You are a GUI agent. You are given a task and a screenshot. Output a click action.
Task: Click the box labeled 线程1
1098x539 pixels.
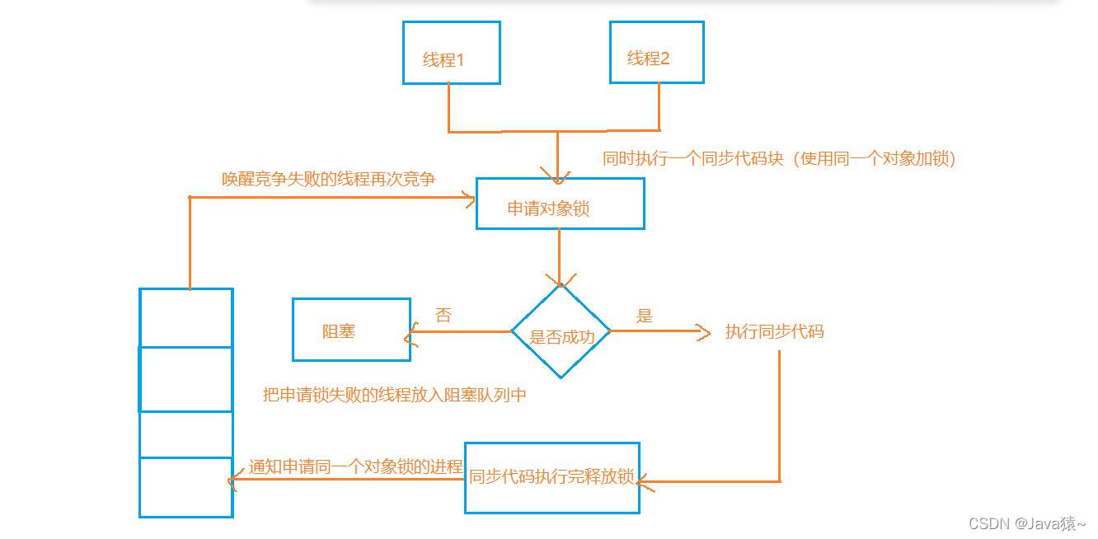(451, 53)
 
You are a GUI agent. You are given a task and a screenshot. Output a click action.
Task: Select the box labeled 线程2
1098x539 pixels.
(656, 52)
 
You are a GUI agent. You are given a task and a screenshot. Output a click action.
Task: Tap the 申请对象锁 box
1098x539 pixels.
(560, 204)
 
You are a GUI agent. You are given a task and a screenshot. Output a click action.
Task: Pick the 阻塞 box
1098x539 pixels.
(351, 330)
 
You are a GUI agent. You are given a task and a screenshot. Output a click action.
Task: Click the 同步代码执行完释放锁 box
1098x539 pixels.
(551, 478)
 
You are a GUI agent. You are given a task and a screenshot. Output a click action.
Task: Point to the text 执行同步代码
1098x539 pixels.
(774, 332)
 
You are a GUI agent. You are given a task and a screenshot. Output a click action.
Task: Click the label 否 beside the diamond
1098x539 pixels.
(443, 315)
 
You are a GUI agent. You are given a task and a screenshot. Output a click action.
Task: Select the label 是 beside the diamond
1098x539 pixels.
(645, 315)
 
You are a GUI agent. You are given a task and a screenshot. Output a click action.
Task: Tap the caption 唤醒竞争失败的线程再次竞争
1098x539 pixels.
(328, 179)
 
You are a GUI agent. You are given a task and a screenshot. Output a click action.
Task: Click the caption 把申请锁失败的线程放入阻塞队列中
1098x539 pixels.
(394, 395)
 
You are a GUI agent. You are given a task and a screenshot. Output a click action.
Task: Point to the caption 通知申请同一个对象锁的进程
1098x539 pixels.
(355, 466)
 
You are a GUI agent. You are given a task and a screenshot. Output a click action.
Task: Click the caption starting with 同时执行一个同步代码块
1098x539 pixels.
(779, 159)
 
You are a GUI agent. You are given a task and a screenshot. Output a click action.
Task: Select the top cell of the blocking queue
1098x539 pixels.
(186, 317)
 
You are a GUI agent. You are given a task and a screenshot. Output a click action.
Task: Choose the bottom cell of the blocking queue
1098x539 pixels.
(186, 487)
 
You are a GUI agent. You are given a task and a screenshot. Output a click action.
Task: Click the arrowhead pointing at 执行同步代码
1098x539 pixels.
(703, 332)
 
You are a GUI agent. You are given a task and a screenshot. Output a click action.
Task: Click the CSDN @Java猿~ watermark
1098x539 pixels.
(1027, 523)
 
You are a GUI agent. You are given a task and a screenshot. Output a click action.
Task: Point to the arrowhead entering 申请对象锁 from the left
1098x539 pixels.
(471, 199)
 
